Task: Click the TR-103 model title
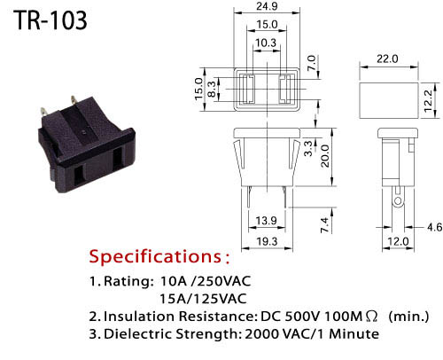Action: pos(51,20)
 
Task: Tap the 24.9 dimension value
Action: pos(267,6)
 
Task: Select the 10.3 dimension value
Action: pos(266,43)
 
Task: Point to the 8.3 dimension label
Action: pos(212,90)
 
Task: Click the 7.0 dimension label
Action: pos(311,63)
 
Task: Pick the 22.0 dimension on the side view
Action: pos(387,59)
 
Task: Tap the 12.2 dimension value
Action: pos(428,101)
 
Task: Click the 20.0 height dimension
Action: pos(324,156)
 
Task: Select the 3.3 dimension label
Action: pos(308,148)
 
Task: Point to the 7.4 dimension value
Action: pos(324,224)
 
